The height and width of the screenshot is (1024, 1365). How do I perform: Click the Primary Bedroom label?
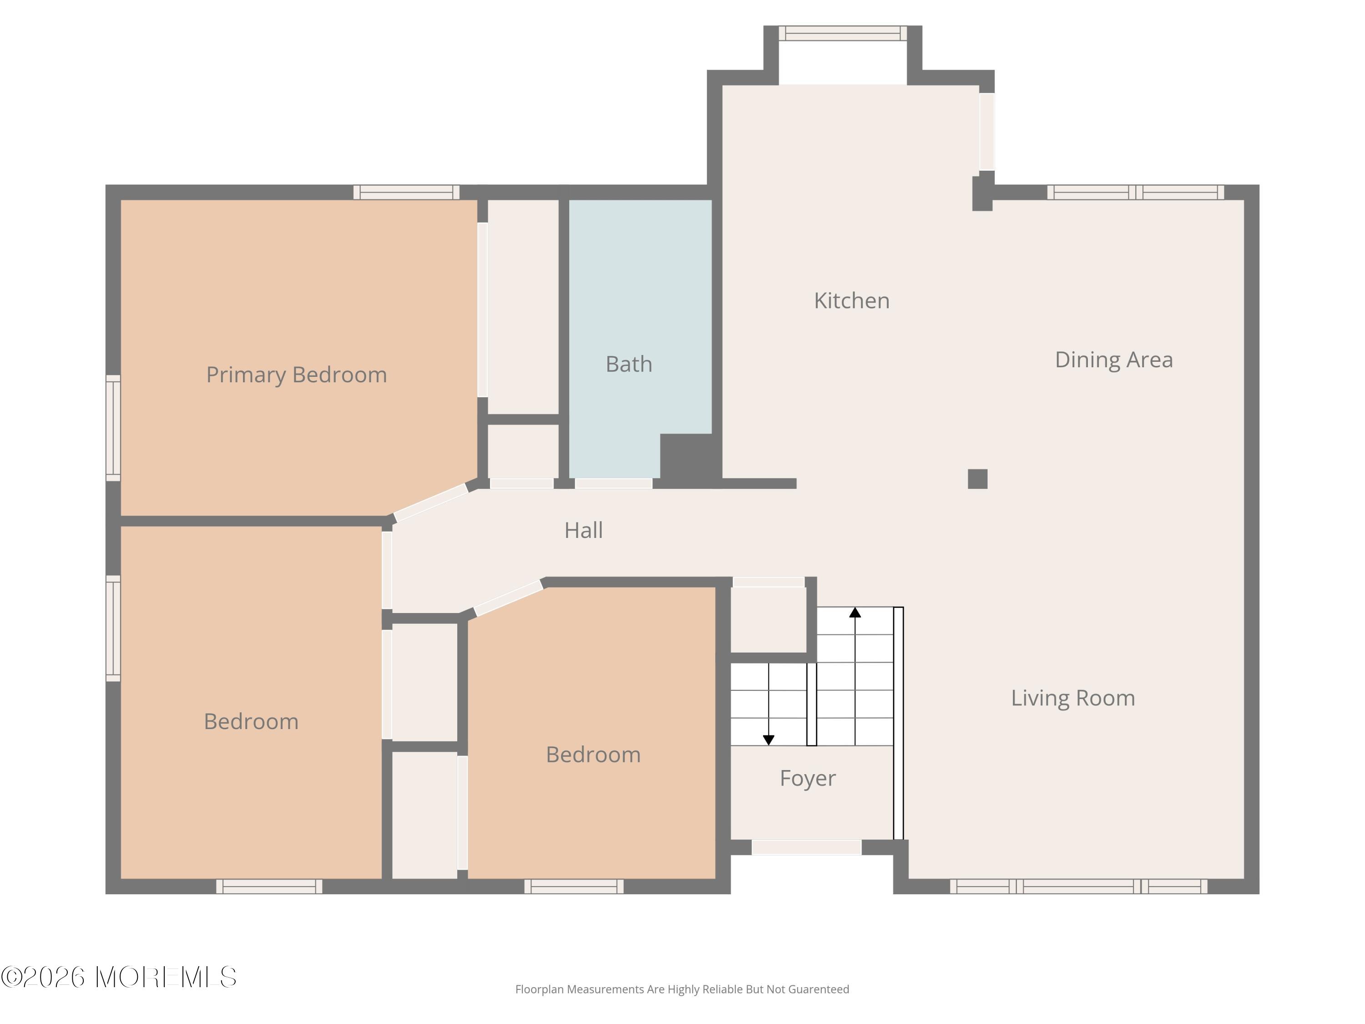coord(296,375)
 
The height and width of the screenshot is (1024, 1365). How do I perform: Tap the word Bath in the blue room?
coord(629,364)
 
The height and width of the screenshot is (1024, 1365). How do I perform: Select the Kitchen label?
coord(852,300)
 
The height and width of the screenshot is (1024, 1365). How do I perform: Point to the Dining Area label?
coord(1114,360)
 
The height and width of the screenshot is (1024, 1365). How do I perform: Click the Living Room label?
coord(1072,698)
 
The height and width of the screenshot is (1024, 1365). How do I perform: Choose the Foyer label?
coord(807,778)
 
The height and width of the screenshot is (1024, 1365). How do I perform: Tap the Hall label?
coord(583,530)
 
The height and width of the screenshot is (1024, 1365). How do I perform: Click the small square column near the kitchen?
coord(977,479)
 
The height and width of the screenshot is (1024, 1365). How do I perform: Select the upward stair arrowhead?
coord(854,612)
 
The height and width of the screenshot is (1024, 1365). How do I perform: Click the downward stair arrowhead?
coord(768,740)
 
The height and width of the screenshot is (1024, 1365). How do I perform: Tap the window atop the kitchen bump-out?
coord(842,33)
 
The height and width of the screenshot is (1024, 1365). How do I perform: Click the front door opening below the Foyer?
coord(806,847)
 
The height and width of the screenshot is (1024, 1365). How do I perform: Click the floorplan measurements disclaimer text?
coord(682,989)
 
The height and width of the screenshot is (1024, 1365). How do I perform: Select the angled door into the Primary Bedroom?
coord(431,502)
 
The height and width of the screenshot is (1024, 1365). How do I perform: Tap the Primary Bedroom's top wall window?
coord(406,192)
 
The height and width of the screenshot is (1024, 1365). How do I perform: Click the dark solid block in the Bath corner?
coord(687,457)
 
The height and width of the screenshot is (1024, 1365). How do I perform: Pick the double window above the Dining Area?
coord(1135,192)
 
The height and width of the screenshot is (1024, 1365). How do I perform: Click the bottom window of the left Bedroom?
coord(269,887)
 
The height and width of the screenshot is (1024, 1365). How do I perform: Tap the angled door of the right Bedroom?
coord(509,597)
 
